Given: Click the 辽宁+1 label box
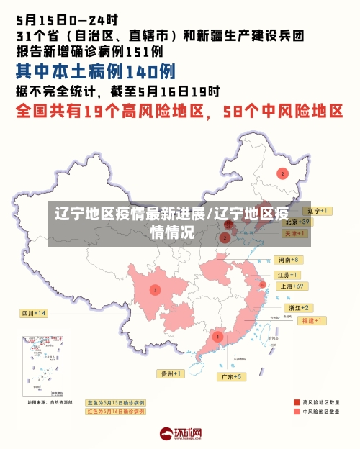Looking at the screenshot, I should point(317,211).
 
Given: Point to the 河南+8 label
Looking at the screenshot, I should point(288,259).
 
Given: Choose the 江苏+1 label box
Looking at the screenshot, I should point(288,275).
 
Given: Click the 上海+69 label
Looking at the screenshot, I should point(293,286).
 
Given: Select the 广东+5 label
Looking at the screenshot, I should point(232,376).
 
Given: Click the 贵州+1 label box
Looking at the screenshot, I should point(171,373).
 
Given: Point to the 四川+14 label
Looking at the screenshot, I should point(33,313).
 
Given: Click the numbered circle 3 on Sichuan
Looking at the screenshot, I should point(155,290).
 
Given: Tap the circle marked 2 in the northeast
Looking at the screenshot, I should point(283,173).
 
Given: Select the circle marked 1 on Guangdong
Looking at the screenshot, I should point(217,336).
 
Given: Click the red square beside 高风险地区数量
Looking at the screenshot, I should point(297,402).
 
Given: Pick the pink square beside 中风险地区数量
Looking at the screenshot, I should point(297,412).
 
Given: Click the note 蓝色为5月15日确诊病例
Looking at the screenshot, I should point(115,402).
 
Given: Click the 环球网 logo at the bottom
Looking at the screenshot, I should point(180,435).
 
